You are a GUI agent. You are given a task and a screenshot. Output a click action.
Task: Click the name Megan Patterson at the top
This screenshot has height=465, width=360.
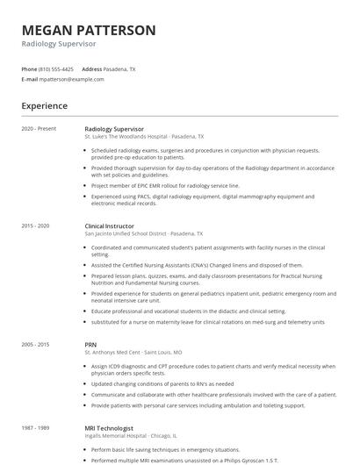pos(89,31)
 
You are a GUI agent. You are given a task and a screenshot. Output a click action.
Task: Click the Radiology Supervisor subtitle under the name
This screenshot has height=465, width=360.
pos(59,44)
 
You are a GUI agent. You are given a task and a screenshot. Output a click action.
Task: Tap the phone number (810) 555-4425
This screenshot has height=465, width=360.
pos(57,68)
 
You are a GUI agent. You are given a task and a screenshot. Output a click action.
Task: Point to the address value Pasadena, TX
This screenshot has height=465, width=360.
pos(120,68)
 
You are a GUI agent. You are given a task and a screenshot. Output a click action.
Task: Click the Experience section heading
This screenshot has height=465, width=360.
pos(45,106)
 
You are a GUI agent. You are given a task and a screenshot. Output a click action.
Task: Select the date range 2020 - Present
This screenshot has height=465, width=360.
pos(39,129)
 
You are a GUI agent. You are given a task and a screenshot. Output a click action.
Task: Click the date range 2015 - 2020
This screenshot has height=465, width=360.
pos(36,226)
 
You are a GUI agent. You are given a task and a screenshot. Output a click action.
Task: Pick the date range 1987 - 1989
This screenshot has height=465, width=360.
pos(36,426)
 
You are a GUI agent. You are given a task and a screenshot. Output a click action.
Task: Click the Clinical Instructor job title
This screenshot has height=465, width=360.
pos(111,226)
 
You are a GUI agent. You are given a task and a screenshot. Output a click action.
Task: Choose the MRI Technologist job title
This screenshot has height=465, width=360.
pos(107,426)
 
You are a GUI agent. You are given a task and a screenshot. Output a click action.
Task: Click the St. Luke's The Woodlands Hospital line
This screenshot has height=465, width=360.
pos(144,137)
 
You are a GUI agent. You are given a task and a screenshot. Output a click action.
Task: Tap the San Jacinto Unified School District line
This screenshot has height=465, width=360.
pos(143,234)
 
